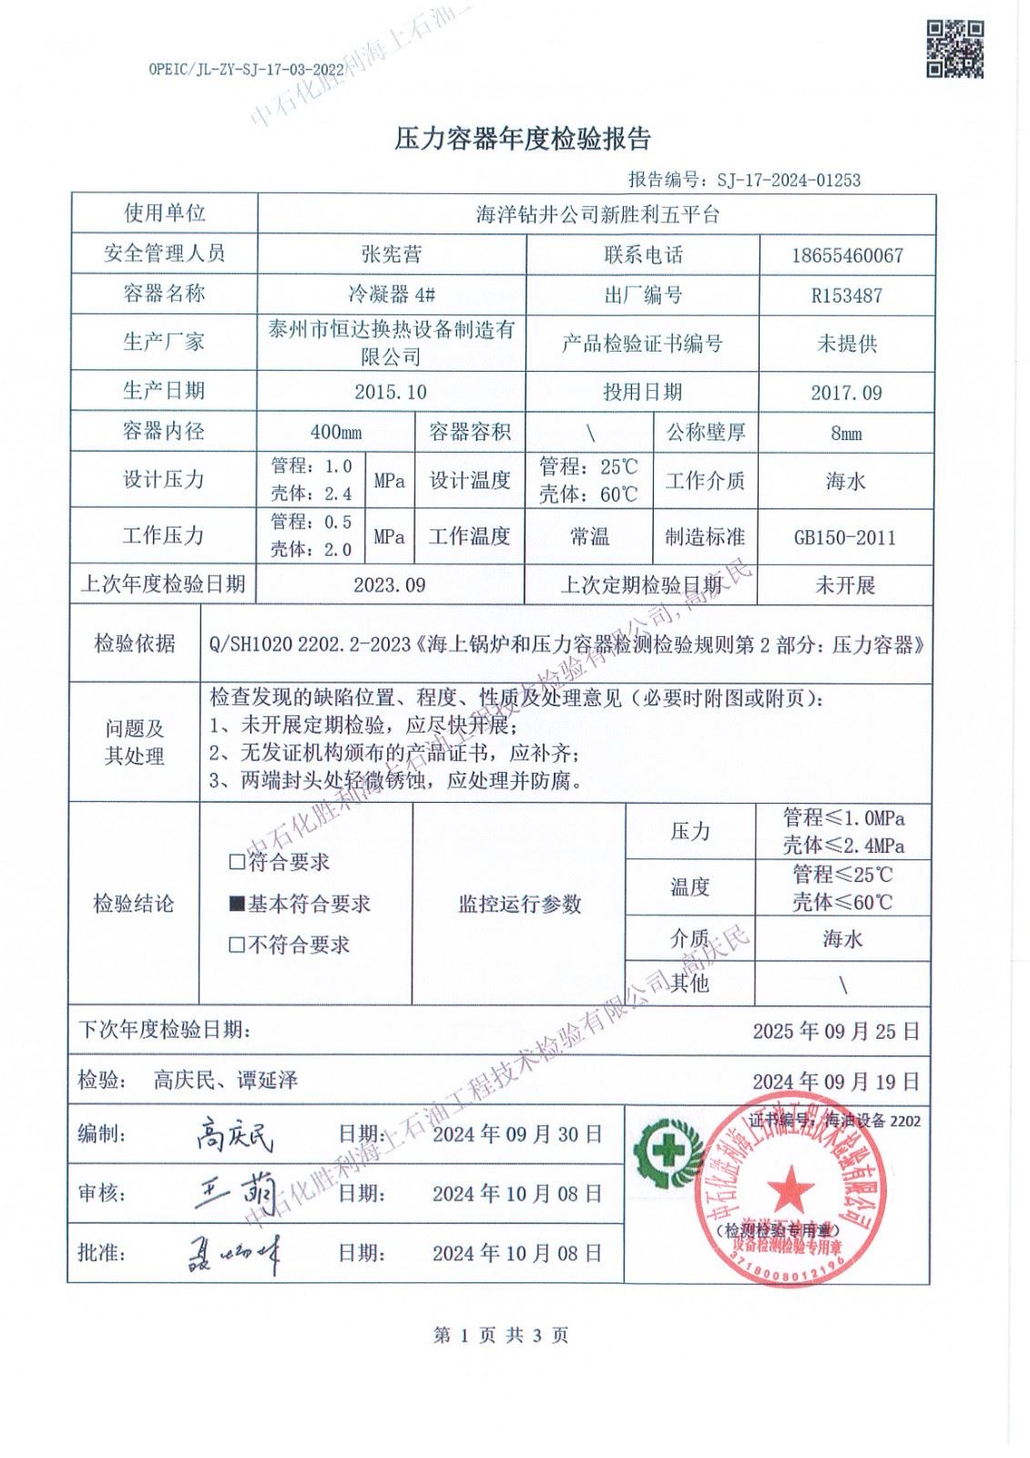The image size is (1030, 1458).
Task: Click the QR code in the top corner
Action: pos(954,49)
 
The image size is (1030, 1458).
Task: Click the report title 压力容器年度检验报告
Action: pos(523,139)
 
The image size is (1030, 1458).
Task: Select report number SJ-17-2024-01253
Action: pos(789,180)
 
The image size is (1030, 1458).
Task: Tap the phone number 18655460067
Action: pos(847,256)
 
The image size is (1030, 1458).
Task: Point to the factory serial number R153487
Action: pos(847,296)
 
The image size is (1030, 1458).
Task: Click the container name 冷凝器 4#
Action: pos(392,294)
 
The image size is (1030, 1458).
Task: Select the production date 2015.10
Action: pos(392,393)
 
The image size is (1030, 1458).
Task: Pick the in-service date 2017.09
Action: pos(847,393)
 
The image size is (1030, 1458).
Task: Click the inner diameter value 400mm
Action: pos(336,433)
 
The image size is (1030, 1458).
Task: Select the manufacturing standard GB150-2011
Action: pos(845,538)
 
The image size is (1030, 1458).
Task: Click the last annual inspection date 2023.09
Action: pos(390,585)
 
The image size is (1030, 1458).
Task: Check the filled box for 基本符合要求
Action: pos(237,904)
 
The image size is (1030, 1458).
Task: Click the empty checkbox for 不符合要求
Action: pos(237,945)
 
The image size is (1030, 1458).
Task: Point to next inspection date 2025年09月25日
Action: pos(836,1032)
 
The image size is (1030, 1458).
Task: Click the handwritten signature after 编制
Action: pos(234,1135)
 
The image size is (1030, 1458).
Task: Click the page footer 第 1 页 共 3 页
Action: pos(501,1336)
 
